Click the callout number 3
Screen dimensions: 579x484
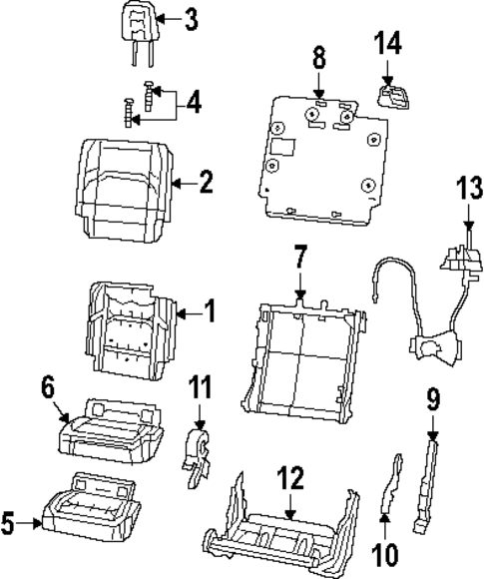[191, 19]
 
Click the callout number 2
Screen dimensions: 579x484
[205, 182]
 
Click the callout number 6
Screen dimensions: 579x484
[47, 384]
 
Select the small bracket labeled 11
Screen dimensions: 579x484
[200, 456]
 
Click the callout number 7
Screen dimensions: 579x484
[300, 262]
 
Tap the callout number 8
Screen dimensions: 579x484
[318, 56]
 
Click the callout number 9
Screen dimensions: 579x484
[432, 401]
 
